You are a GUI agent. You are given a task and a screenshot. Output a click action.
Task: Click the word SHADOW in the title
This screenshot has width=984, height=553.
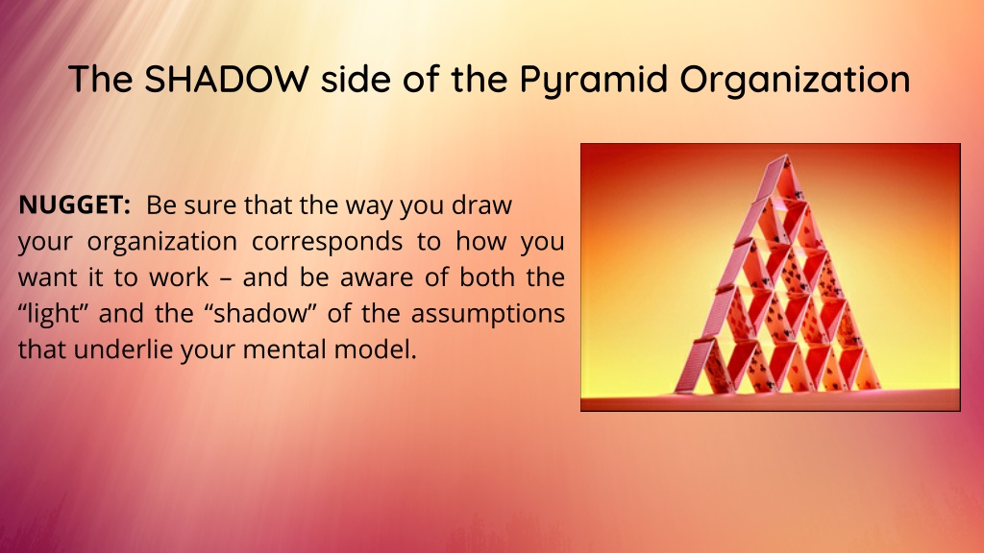coord(227,79)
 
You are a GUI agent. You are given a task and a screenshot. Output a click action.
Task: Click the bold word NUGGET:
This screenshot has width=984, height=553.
coord(74,205)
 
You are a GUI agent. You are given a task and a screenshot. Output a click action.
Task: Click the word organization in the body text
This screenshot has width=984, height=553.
coord(161,242)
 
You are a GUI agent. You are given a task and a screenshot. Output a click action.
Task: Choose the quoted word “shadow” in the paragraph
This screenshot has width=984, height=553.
coord(259,314)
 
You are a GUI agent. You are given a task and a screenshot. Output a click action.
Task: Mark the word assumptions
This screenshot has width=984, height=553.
coord(487,315)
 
